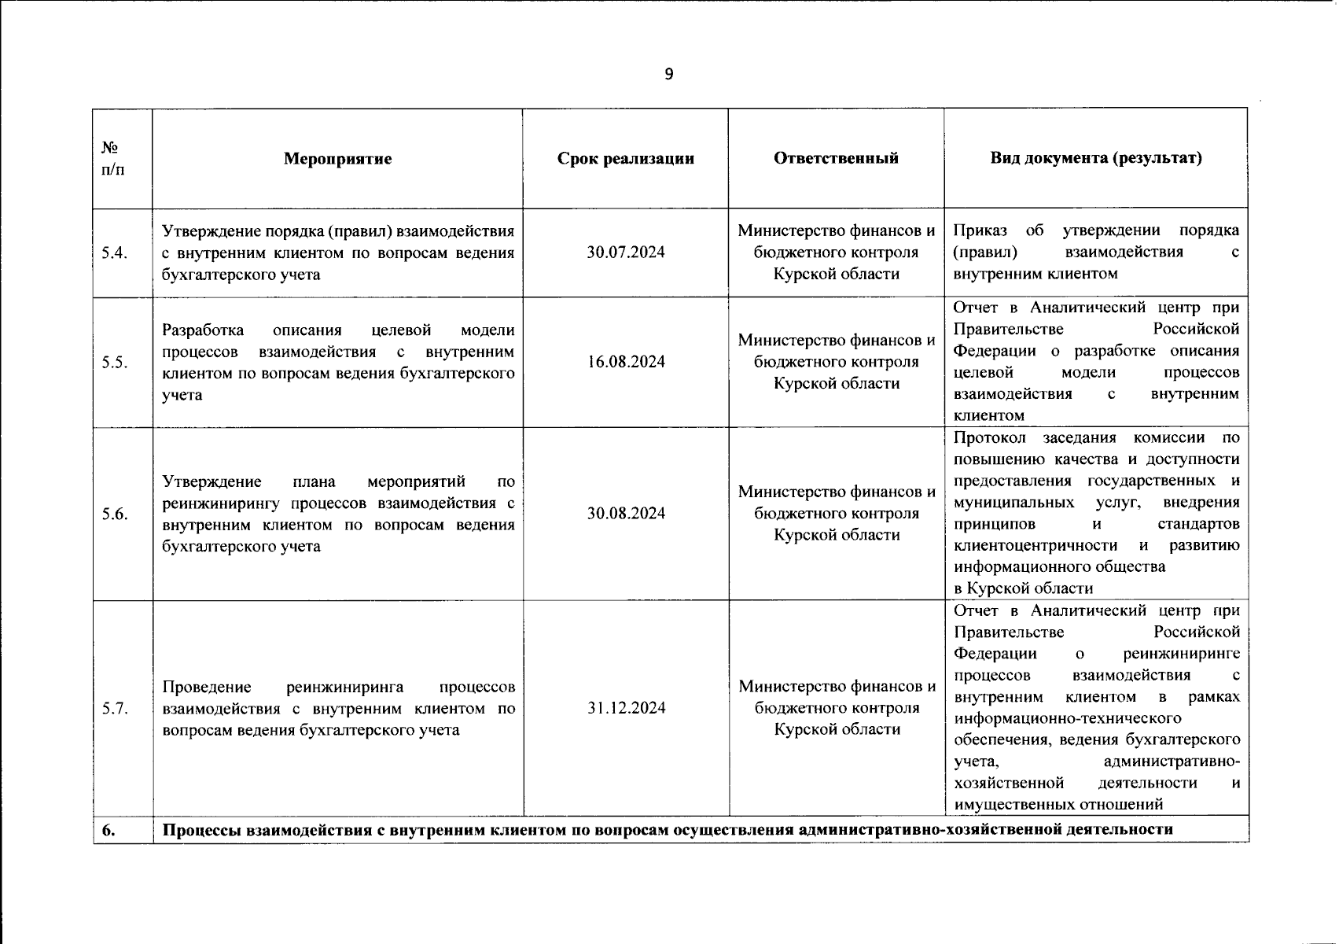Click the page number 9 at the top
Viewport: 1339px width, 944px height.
[669, 75]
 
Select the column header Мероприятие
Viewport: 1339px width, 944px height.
[337, 159]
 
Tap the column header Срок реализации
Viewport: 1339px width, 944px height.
[625, 159]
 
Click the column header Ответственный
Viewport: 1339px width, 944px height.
[836, 158]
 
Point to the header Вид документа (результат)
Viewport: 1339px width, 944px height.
[1095, 158]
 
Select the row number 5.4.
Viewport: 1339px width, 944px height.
[114, 253]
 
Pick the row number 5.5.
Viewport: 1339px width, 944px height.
[114, 363]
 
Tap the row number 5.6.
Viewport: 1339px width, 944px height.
[114, 514]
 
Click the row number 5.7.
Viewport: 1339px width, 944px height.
[114, 709]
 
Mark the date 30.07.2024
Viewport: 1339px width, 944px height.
[625, 253]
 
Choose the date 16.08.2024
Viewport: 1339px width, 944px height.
[625, 362]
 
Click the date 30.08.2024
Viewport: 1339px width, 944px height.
[625, 514]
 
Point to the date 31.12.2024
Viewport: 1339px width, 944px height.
[626, 708]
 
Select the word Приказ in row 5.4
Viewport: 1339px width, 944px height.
[980, 230]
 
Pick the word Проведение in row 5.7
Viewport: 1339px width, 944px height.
[207, 688]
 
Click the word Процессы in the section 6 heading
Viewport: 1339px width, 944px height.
[203, 830]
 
